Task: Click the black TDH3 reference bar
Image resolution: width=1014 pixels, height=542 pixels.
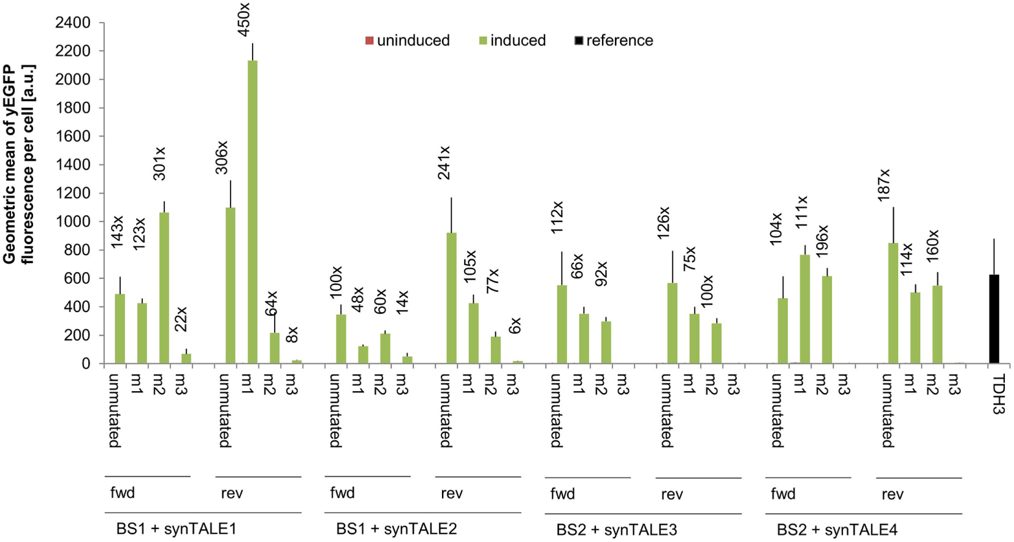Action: (x=994, y=319)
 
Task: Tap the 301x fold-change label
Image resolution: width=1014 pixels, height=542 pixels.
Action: (x=159, y=163)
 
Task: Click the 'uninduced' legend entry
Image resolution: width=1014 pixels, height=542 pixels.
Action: (x=408, y=40)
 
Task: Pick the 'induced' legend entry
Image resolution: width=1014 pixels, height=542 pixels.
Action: (x=513, y=40)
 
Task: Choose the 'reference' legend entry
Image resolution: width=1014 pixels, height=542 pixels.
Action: (x=614, y=40)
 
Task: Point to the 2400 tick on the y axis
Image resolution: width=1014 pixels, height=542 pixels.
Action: (x=72, y=23)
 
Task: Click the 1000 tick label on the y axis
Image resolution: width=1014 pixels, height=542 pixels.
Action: (x=72, y=221)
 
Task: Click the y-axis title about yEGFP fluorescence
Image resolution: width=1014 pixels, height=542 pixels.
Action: (x=18, y=164)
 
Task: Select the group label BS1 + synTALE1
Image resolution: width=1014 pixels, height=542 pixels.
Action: (x=176, y=529)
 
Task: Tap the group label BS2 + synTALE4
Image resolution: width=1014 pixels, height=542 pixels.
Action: (x=837, y=529)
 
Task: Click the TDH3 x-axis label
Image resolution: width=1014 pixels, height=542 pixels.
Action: (x=998, y=394)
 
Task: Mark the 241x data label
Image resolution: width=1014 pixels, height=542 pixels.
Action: (x=444, y=162)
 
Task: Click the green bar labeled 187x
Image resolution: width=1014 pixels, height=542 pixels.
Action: (x=893, y=303)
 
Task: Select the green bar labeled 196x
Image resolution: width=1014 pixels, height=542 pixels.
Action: (x=826, y=319)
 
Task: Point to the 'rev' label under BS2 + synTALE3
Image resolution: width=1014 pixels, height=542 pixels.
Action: (x=672, y=494)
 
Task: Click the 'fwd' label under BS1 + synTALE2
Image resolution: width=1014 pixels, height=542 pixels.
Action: (x=342, y=493)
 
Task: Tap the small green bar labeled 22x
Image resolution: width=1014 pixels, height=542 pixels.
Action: (x=186, y=358)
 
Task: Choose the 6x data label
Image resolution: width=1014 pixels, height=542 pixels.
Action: (x=515, y=325)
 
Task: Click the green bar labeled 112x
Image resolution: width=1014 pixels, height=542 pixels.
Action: (x=562, y=324)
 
